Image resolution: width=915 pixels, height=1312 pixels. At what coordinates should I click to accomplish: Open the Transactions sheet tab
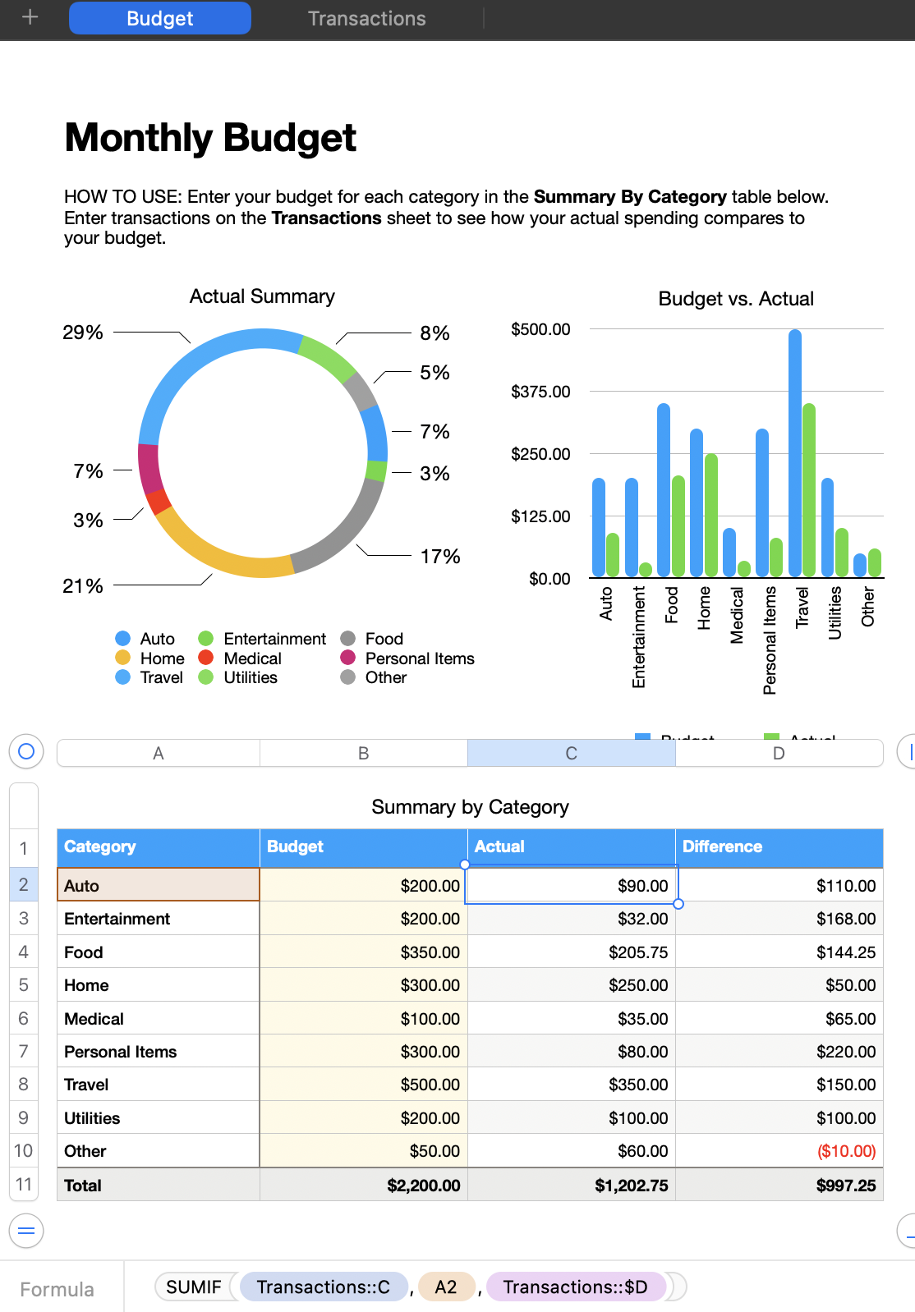tap(366, 19)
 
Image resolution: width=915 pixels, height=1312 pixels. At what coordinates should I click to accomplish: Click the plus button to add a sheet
tap(30, 17)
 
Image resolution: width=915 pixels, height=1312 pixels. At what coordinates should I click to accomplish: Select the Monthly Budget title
tap(210, 138)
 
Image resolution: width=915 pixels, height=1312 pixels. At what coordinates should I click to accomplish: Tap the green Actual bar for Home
tap(711, 515)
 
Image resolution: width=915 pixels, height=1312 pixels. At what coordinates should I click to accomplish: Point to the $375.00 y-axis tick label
tap(540, 392)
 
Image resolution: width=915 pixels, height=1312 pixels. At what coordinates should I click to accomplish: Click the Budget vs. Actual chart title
tap(736, 299)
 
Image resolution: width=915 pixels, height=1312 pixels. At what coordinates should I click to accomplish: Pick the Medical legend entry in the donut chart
tap(252, 658)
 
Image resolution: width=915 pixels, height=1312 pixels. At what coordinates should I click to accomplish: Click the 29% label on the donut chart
tap(83, 333)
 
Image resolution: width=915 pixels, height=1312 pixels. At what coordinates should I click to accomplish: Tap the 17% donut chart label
tap(440, 557)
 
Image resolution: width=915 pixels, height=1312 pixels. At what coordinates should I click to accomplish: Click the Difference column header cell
tap(779, 846)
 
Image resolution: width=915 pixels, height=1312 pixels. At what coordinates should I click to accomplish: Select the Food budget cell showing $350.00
tap(364, 952)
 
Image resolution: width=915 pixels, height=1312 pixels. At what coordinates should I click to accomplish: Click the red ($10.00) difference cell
tap(779, 1151)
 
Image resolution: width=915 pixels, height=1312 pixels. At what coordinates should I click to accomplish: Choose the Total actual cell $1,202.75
tap(571, 1186)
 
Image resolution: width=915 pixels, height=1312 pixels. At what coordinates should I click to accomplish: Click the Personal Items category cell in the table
tap(158, 1052)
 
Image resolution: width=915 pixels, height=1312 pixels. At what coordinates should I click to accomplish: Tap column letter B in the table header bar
tap(363, 753)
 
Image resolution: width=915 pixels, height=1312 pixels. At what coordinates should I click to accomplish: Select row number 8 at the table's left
tap(24, 1085)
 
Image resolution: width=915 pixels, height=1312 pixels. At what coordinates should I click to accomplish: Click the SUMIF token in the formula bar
tap(194, 1287)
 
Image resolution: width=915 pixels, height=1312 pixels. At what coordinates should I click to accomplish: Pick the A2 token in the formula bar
tap(446, 1287)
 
